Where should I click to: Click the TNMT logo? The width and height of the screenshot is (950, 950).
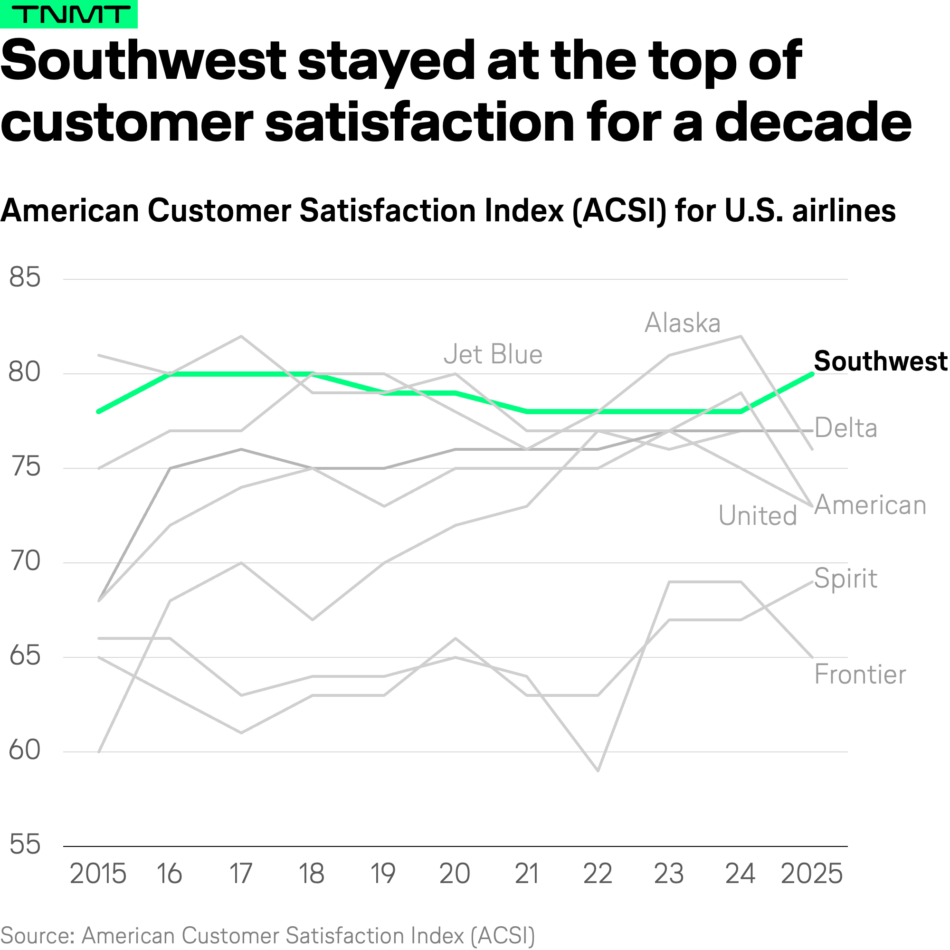69,14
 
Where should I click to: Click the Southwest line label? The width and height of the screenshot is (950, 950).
880,361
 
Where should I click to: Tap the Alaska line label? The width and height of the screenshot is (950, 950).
683,323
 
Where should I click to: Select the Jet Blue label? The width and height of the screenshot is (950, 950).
493,354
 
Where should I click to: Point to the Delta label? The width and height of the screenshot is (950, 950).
846,428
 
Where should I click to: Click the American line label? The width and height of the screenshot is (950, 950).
870,505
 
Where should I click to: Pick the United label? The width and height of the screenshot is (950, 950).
757,516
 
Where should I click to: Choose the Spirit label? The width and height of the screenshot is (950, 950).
845,578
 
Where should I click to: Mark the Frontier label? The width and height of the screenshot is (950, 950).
860,674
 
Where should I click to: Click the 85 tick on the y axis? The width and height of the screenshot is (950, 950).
25,277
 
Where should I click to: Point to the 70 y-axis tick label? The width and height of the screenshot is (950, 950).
25,561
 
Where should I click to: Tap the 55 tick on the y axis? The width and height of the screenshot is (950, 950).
25,844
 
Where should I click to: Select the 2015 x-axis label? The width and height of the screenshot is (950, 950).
98,874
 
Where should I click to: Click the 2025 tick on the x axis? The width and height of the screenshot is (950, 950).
812,874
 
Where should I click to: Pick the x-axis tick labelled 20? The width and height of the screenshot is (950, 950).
455,874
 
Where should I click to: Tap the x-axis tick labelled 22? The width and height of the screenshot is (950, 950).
598,874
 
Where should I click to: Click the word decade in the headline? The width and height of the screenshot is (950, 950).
813,122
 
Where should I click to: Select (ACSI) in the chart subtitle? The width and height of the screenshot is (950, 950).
620,211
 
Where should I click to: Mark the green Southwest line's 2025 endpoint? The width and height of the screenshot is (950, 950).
812,374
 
